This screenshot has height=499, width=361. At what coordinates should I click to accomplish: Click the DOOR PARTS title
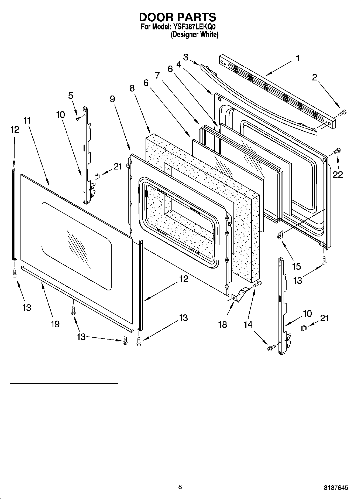177,17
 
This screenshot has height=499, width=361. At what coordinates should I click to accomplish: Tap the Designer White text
194,35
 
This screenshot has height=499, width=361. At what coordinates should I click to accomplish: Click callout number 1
298,58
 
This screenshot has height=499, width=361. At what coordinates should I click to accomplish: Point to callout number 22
338,175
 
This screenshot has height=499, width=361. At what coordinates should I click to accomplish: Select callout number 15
296,266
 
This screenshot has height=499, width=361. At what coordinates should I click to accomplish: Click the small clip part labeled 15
280,235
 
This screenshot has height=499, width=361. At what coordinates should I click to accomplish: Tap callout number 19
55,324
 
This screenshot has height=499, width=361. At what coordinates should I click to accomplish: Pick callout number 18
222,325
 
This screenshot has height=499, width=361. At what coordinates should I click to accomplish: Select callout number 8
132,88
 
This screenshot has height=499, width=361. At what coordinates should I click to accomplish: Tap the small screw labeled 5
78,118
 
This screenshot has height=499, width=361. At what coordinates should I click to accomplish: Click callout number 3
186,57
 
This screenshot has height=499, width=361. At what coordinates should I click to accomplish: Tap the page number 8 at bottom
180,487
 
